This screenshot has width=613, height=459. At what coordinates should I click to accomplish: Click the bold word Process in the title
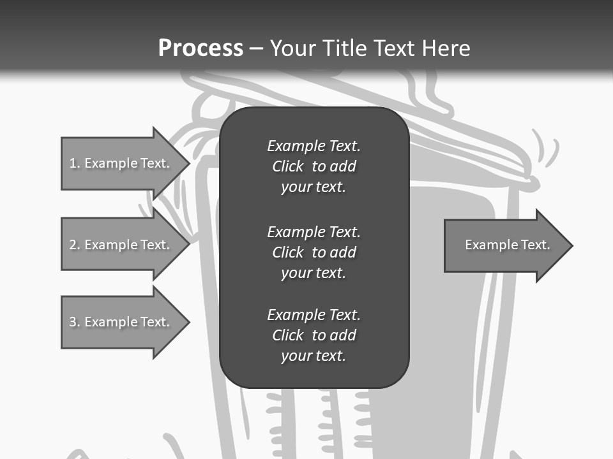(201, 48)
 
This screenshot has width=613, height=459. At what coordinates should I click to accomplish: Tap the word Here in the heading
(446, 48)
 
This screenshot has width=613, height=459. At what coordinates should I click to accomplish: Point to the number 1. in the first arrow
(74, 163)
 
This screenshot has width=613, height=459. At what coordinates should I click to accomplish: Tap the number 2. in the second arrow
(74, 245)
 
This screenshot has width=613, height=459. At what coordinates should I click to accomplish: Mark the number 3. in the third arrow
(74, 322)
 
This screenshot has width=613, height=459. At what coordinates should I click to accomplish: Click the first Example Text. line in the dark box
(314, 146)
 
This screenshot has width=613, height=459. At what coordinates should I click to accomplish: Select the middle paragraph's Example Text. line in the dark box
(314, 231)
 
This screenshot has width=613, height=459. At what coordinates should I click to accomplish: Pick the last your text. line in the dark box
(314, 356)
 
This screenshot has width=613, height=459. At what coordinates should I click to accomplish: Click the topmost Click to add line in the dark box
(314, 166)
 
